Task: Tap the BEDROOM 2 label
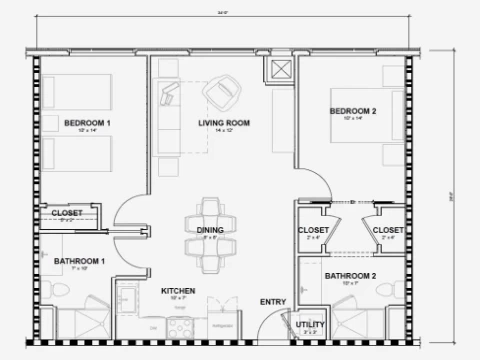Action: [352, 110]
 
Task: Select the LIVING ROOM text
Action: [223, 123]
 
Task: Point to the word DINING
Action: [209, 229]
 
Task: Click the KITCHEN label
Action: [178, 291]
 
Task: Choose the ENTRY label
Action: [271, 302]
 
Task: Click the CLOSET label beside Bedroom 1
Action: [67, 212]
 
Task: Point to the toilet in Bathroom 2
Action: [384, 292]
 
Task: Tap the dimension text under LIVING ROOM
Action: [223, 131]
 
